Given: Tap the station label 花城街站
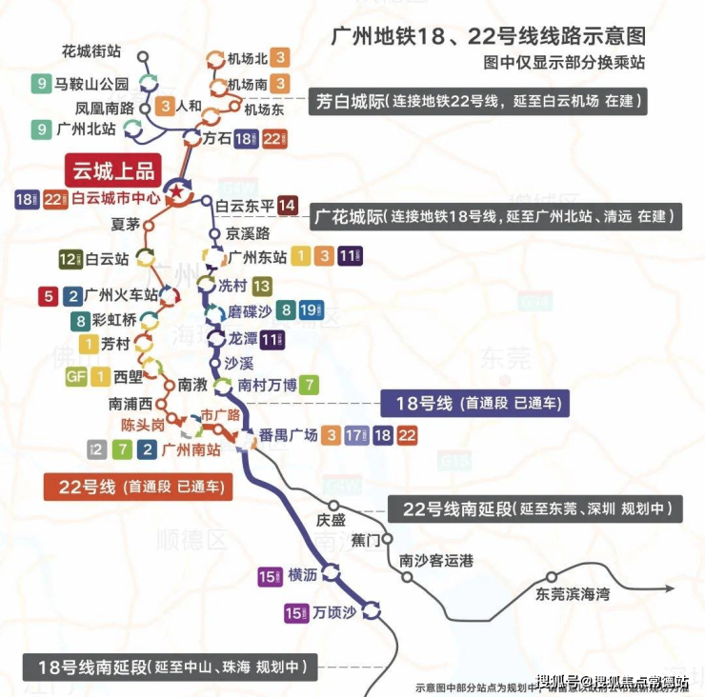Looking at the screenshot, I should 90,51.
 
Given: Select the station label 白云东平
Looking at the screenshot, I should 244,206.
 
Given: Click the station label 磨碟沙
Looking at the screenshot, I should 251,310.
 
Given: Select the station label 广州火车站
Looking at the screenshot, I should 120,296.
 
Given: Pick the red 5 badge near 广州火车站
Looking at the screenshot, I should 49,296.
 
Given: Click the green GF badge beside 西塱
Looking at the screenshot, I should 76,377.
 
